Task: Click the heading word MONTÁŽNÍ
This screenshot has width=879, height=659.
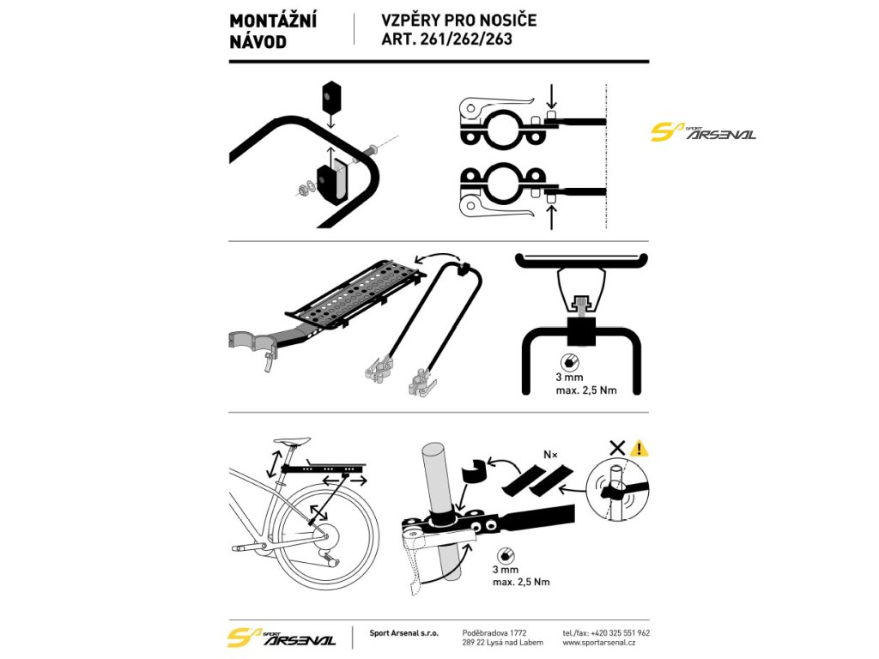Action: [273, 21]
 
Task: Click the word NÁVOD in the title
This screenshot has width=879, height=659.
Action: [258, 42]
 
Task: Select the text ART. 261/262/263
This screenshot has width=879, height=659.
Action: [447, 39]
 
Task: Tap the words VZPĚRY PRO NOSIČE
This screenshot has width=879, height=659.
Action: [459, 20]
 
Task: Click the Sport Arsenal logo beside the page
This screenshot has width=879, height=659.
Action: [703, 132]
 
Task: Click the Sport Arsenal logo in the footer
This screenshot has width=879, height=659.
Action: [282, 638]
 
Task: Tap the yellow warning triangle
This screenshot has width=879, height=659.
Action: [638, 448]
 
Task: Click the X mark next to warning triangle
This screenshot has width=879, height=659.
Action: [616, 448]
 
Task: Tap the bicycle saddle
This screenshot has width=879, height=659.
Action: [291, 443]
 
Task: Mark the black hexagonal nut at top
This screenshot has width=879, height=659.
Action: [330, 97]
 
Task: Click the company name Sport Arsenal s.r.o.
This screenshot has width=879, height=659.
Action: [403, 632]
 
